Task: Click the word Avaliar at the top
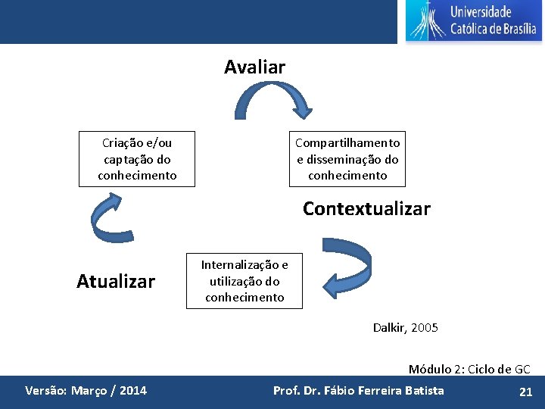click(x=254, y=67)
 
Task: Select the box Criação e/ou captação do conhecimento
click(x=137, y=159)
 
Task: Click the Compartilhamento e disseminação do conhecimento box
click(x=347, y=159)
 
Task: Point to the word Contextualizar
click(x=366, y=208)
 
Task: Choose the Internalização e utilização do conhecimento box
click(x=244, y=281)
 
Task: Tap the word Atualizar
click(x=116, y=282)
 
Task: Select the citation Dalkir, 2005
click(x=405, y=328)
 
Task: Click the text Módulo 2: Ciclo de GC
click(x=469, y=369)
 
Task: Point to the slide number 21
click(x=525, y=392)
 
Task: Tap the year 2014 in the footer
click(x=133, y=391)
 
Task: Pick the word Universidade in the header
click(x=481, y=11)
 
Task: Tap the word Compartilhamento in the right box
click(x=347, y=143)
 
